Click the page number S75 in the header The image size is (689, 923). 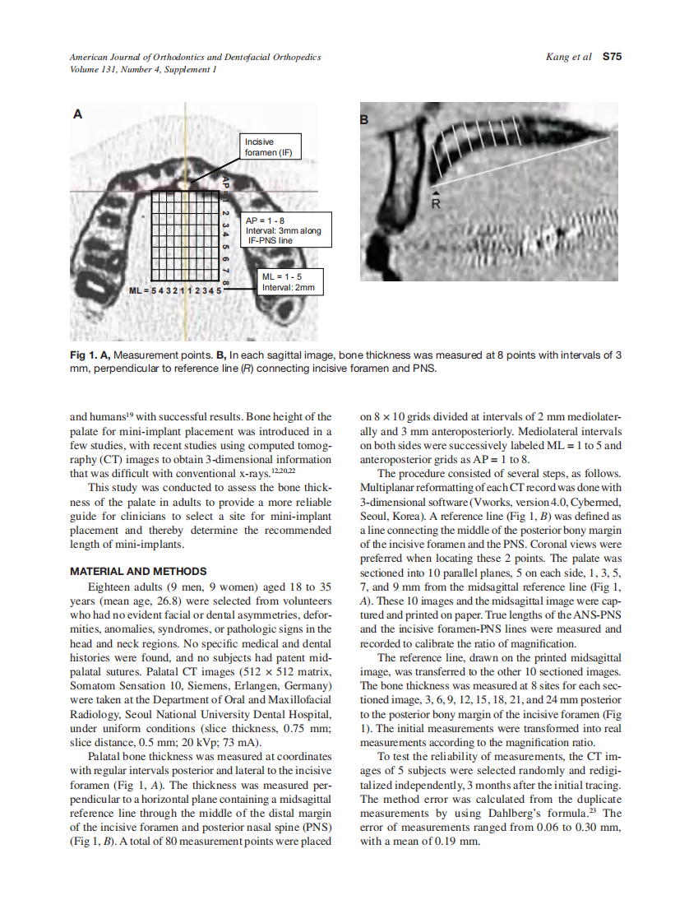click(612, 58)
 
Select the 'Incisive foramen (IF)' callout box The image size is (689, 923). click(271, 146)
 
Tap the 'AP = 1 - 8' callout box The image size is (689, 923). click(282, 231)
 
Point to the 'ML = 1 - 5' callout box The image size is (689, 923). click(289, 281)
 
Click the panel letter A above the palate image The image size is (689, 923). click(78, 114)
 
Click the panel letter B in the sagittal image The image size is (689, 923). click(366, 119)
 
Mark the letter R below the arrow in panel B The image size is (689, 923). click(437, 204)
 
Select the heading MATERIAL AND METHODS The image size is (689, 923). click(138, 571)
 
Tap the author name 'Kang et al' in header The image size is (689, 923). click(568, 58)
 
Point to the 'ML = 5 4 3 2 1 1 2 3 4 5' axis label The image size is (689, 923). click(175, 291)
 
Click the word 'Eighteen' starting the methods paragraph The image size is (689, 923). click(109, 587)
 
